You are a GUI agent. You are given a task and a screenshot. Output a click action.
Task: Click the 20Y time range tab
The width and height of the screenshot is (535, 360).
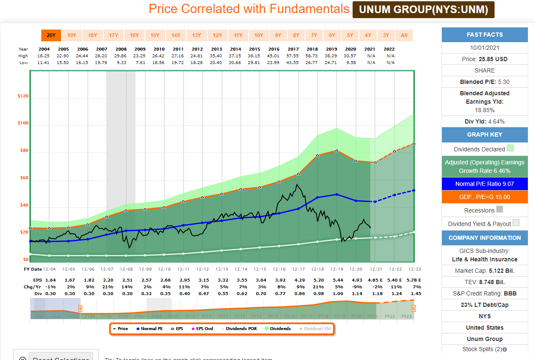click(51, 35)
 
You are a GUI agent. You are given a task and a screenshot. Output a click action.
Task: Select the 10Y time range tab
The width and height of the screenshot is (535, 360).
click(258, 35)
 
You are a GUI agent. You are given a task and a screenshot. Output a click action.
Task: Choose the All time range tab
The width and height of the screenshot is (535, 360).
click(404, 35)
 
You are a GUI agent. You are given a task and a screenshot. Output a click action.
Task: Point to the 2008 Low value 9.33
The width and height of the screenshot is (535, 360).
click(121, 62)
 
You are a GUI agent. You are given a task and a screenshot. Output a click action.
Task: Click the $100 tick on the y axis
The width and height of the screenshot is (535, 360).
click(23, 123)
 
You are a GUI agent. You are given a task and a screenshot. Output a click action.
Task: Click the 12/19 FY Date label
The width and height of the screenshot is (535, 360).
click(336, 269)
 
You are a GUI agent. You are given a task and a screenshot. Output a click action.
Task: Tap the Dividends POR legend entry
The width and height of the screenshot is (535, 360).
click(239, 328)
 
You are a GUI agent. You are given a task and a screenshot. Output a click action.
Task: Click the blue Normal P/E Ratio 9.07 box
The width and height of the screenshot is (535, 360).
click(484, 184)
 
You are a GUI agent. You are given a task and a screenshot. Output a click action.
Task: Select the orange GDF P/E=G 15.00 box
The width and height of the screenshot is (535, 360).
click(484, 197)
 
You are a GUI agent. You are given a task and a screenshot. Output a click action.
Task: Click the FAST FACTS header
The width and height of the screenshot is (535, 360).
click(484, 35)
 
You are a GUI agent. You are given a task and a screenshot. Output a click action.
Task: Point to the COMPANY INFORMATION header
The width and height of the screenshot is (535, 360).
click(484, 238)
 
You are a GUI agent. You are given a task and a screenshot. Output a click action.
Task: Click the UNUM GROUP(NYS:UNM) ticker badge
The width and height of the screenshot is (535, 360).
click(423, 10)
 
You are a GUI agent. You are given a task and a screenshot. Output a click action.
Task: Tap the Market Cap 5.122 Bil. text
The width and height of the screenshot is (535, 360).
click(484, 271)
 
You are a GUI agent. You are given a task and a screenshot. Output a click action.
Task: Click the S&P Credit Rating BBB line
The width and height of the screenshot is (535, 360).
click(484, 293)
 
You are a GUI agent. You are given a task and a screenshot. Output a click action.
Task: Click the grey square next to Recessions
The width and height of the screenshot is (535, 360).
click(500, 209)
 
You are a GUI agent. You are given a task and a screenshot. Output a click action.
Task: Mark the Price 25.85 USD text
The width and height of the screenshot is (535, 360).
click(484, 59)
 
